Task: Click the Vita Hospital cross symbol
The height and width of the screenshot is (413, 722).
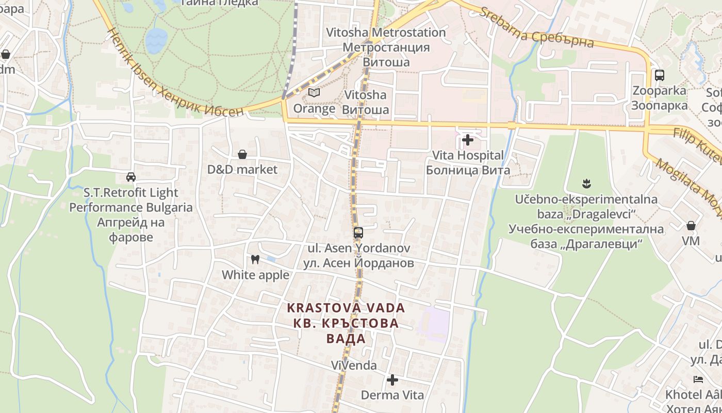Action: [468, 140]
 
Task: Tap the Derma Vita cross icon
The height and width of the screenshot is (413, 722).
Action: [392, 380]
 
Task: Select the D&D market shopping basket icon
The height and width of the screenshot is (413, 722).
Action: [242, 154]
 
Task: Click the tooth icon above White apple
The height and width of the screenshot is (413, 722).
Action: [255, 260]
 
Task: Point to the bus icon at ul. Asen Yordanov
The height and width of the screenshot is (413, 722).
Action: [358, 233]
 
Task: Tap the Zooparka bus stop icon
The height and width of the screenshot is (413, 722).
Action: [659, 75]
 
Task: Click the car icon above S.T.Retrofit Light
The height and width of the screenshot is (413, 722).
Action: [131, 177]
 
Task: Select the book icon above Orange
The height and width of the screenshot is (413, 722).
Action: [314, 93]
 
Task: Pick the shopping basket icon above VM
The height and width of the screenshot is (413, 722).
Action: [691, 226]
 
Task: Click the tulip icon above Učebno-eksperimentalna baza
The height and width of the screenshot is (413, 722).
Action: [586, 183]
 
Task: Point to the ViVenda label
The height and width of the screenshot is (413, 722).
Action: [354, 365]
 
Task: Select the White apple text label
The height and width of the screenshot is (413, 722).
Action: [255, 275]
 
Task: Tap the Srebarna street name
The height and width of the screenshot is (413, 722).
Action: [536, 28]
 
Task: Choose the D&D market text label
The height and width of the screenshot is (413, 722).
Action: [242, 169]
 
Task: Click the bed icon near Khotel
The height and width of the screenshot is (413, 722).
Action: [698, 379]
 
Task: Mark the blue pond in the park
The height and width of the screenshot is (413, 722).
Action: [156, 40]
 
